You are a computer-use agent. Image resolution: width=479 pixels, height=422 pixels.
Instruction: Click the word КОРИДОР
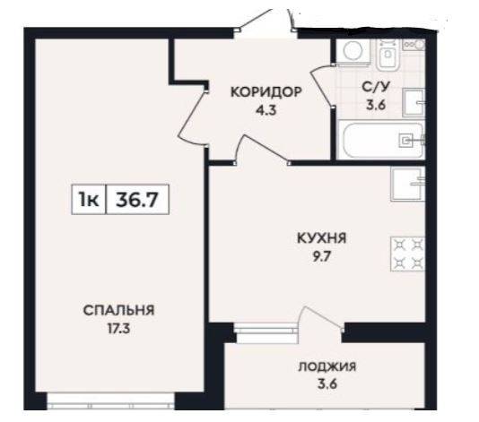pos(266,92)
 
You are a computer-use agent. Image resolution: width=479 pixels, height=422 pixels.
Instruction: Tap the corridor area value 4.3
pos(266,110)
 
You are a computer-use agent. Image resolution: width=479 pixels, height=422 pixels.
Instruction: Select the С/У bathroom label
pos(376,87)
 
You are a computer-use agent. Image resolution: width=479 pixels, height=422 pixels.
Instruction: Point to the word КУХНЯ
pos(322,238)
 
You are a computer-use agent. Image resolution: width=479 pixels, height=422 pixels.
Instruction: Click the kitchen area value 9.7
pos(321,256)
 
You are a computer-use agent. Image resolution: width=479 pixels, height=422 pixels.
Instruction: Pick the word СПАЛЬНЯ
pos(118,310)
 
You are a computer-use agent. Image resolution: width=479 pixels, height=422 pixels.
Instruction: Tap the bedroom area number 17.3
pos(118,329)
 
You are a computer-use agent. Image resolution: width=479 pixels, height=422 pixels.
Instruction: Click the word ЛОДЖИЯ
pos(327,366)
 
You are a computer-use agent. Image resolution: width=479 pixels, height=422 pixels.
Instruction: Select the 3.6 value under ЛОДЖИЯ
pos(327,384)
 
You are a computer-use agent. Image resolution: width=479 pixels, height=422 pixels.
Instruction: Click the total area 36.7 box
pos(137,200)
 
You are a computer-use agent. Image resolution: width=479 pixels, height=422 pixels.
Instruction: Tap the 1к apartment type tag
pos(89,200)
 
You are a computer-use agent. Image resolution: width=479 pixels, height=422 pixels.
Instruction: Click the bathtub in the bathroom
pos(380,139)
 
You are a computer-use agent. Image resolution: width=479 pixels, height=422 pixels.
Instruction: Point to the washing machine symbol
pos(353,51)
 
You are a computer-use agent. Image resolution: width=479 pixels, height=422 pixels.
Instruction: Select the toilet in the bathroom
pos(388,55)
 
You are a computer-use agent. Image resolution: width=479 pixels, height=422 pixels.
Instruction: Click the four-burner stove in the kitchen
pos(408,254)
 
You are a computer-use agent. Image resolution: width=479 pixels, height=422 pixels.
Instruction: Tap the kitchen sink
pos(408,184)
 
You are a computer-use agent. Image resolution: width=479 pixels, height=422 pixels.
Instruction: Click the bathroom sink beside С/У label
pos(414,102)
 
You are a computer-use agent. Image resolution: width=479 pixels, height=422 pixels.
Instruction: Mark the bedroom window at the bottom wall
pos(110,401)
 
